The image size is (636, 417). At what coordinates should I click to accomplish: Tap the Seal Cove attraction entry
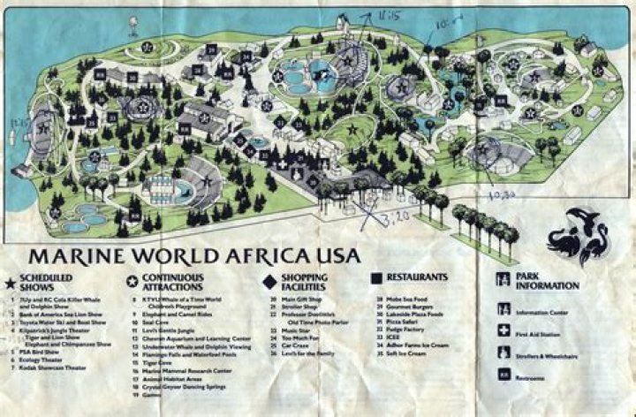click(x=164, y=321)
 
